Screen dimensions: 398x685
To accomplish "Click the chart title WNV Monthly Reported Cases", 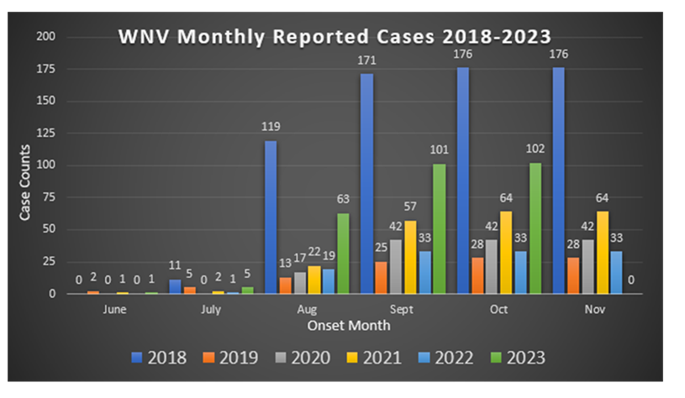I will point(335,37).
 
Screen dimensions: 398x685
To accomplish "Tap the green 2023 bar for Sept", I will point(440,228).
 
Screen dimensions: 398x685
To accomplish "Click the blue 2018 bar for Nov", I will point(558,181).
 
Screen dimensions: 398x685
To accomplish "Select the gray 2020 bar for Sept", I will point(396,266).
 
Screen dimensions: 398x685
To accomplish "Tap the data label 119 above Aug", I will point(271,128).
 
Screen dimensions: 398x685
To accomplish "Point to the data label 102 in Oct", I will point(535,149).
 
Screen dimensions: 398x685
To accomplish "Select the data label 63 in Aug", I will point(343,200).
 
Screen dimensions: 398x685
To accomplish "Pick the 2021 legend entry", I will point(376,357).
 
